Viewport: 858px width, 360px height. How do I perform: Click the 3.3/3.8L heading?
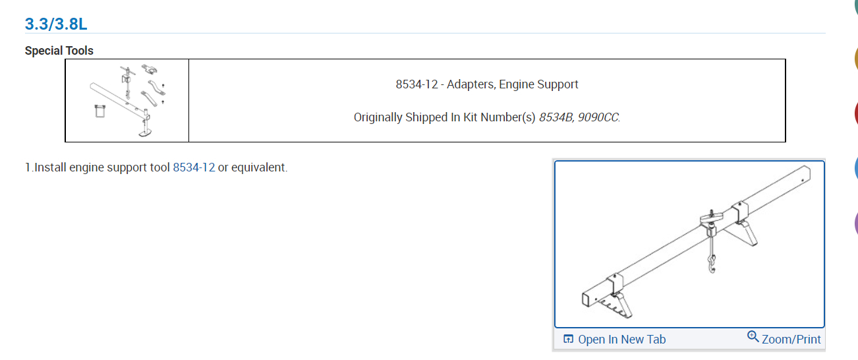click(56, 24)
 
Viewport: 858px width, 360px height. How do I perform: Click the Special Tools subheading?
click(59, 51)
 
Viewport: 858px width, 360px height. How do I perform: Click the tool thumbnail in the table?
click(127, 100)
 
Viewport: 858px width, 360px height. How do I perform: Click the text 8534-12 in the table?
click(416, 84)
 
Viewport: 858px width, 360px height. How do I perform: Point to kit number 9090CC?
click(598, 117)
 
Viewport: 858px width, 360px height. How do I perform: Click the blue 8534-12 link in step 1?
click(194, 167)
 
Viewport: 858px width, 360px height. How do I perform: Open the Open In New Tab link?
click(621, 340)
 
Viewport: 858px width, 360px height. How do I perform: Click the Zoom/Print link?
click(791, 340)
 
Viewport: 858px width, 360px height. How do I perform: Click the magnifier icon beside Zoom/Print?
click(753, 338)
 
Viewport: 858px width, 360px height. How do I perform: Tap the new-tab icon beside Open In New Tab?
click(569, 340)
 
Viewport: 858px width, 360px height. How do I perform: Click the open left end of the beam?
click(586, 300)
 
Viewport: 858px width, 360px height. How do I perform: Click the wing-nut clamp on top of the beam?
click(709, 218)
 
